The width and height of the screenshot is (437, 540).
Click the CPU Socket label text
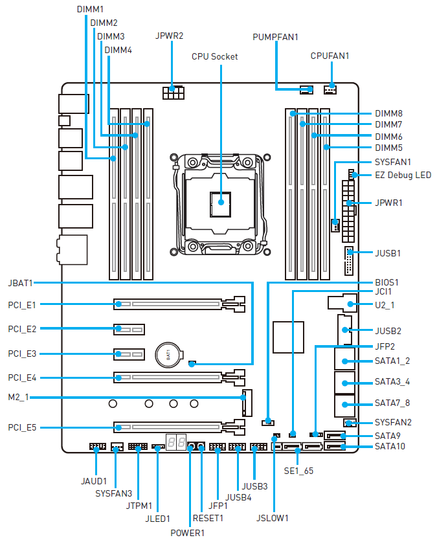point(214,56)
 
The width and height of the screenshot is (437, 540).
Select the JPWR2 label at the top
point(170,35)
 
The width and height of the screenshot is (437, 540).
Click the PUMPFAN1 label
point(275,37)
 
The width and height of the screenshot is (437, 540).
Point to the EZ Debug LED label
point(403,175)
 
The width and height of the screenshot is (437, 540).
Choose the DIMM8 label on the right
point(388,113)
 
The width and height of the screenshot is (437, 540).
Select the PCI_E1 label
point(22,304)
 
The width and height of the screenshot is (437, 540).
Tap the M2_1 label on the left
point(19,397)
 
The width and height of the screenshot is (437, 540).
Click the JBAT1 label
point(21,283)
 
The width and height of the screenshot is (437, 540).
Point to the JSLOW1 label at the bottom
point(273,518)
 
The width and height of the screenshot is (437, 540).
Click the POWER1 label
point(188,533)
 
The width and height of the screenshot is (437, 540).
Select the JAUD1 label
point(94,482)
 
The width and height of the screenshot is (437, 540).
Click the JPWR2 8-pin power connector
point(173,94)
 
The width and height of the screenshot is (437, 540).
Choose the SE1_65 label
point(300,471)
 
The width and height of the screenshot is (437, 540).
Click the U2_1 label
point(385,304)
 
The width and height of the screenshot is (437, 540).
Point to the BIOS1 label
point(387,283)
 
